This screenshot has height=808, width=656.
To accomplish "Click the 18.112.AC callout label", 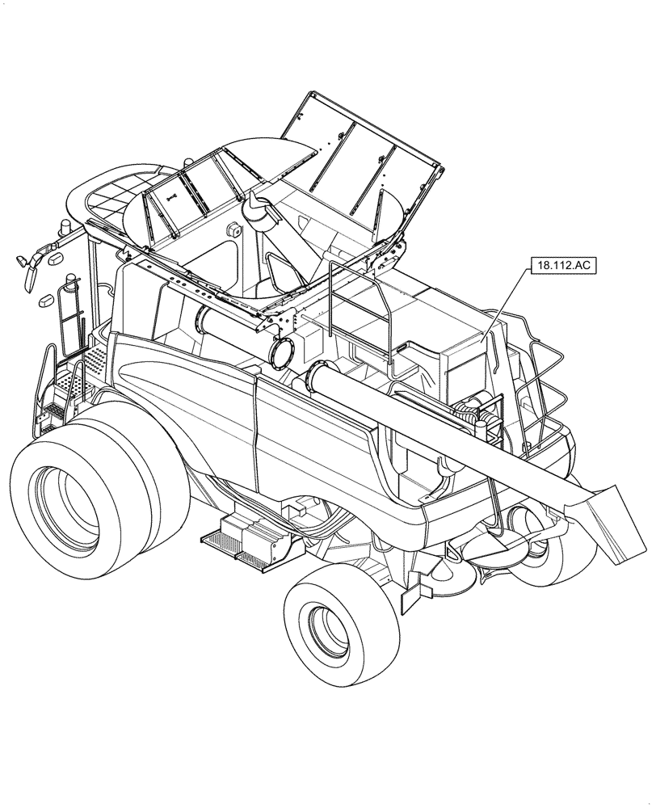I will coord(562,266).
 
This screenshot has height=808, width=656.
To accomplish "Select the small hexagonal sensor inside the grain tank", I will coord(237,230).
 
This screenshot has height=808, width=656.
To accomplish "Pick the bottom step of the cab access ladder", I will coord(53,411).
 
